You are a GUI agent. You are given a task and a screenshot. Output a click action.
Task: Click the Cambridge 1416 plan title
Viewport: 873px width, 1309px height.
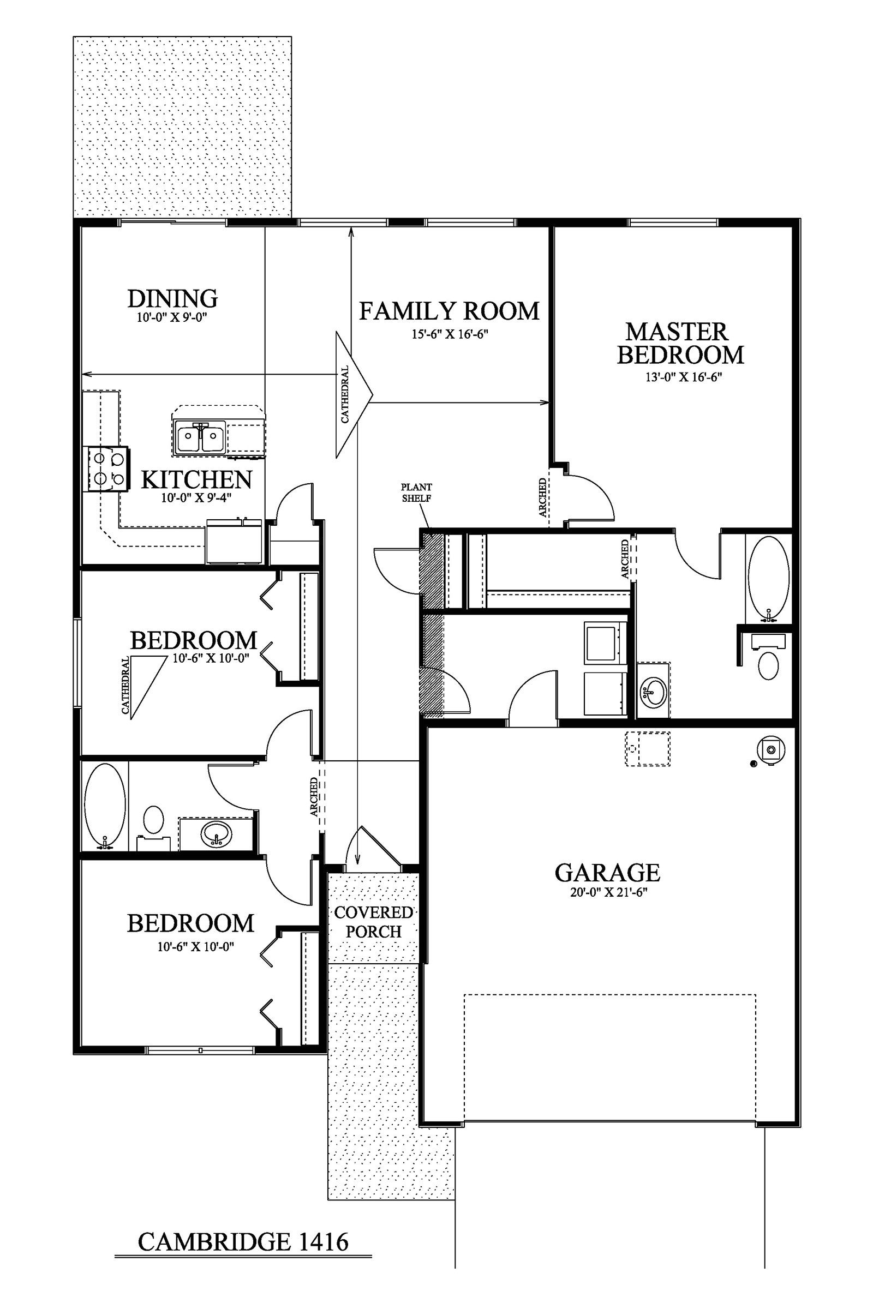tap(243, 1242)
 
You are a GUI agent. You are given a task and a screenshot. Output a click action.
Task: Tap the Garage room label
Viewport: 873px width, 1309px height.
tap(607, 873)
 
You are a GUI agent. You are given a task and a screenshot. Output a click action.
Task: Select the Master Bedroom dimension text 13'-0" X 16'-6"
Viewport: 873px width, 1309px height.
tap(683, 377)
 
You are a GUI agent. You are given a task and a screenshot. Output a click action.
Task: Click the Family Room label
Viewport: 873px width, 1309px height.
tap(449, 311)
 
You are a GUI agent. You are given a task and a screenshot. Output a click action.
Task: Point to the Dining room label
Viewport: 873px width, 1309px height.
tap(172, 299)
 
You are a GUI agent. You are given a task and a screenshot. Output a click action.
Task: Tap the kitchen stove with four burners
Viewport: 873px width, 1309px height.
tap(108, 469)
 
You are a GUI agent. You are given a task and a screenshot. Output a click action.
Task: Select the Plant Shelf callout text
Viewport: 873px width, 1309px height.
tap(416, 493)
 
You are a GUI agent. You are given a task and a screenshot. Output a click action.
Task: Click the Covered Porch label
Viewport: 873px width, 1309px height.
tap(374, 922)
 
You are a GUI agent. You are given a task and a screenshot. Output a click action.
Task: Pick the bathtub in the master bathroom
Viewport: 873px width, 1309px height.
tap(768, 577)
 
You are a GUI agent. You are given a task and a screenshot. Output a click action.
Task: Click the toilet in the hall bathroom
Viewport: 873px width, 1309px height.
tap(154, 824)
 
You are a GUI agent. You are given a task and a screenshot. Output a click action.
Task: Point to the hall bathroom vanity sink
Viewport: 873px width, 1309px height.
tap(217, 834)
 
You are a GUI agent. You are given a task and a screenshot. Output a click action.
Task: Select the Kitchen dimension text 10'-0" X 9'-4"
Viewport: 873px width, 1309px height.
tap(196, 497)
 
